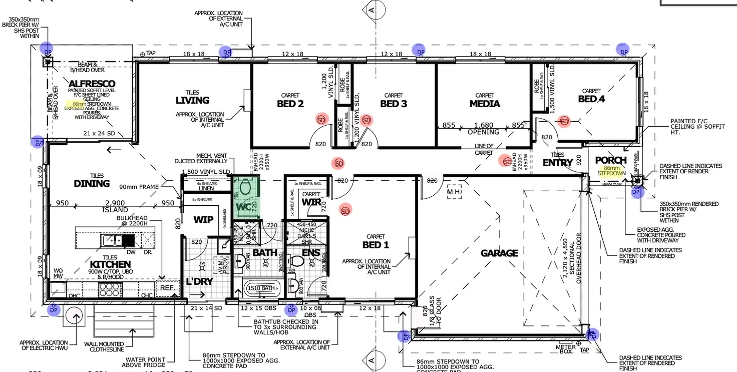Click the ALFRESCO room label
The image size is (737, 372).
click(92, 84)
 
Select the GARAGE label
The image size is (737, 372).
click(499, 253)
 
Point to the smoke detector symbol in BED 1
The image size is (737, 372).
click(345, 211)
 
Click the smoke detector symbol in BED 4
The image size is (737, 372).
click(565, 121)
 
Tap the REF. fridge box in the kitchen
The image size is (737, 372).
click(167, 288)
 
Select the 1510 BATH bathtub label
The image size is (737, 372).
click(261, 288)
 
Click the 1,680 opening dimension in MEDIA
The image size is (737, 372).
click(484, 125)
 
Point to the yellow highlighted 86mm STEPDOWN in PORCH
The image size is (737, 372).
click(611, 171)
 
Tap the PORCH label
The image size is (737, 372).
click(611, 160)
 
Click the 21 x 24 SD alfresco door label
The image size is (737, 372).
click(100, 134)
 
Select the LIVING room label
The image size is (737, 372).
click(192, 101)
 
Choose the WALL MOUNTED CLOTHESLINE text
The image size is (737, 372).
click(104, 347)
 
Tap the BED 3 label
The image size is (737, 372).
click(393, 104)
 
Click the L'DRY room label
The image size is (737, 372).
click(200, 281)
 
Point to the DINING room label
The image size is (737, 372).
click(92, 183)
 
